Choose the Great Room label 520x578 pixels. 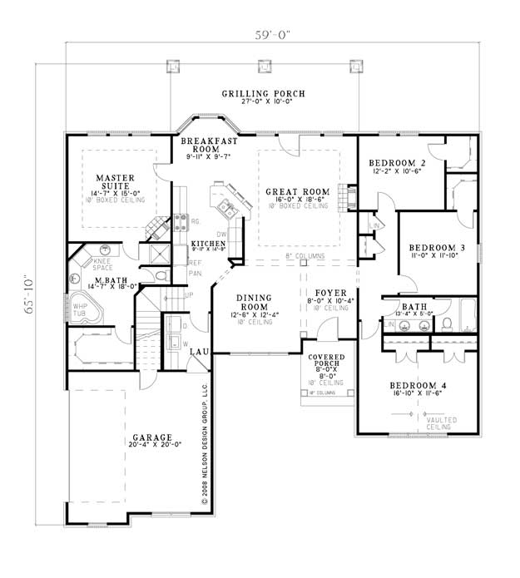[x=297, y=192]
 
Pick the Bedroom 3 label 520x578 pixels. [x=436, y=248]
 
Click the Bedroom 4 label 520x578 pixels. [x=418, y=386]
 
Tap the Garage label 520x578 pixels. [x=151, y=437]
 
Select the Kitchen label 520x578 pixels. [x=208, y=243]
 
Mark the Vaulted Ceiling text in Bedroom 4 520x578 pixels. [x=441, y=424]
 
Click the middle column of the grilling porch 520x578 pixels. [x=265, y=65]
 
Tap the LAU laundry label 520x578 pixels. [x=198, y=353]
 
